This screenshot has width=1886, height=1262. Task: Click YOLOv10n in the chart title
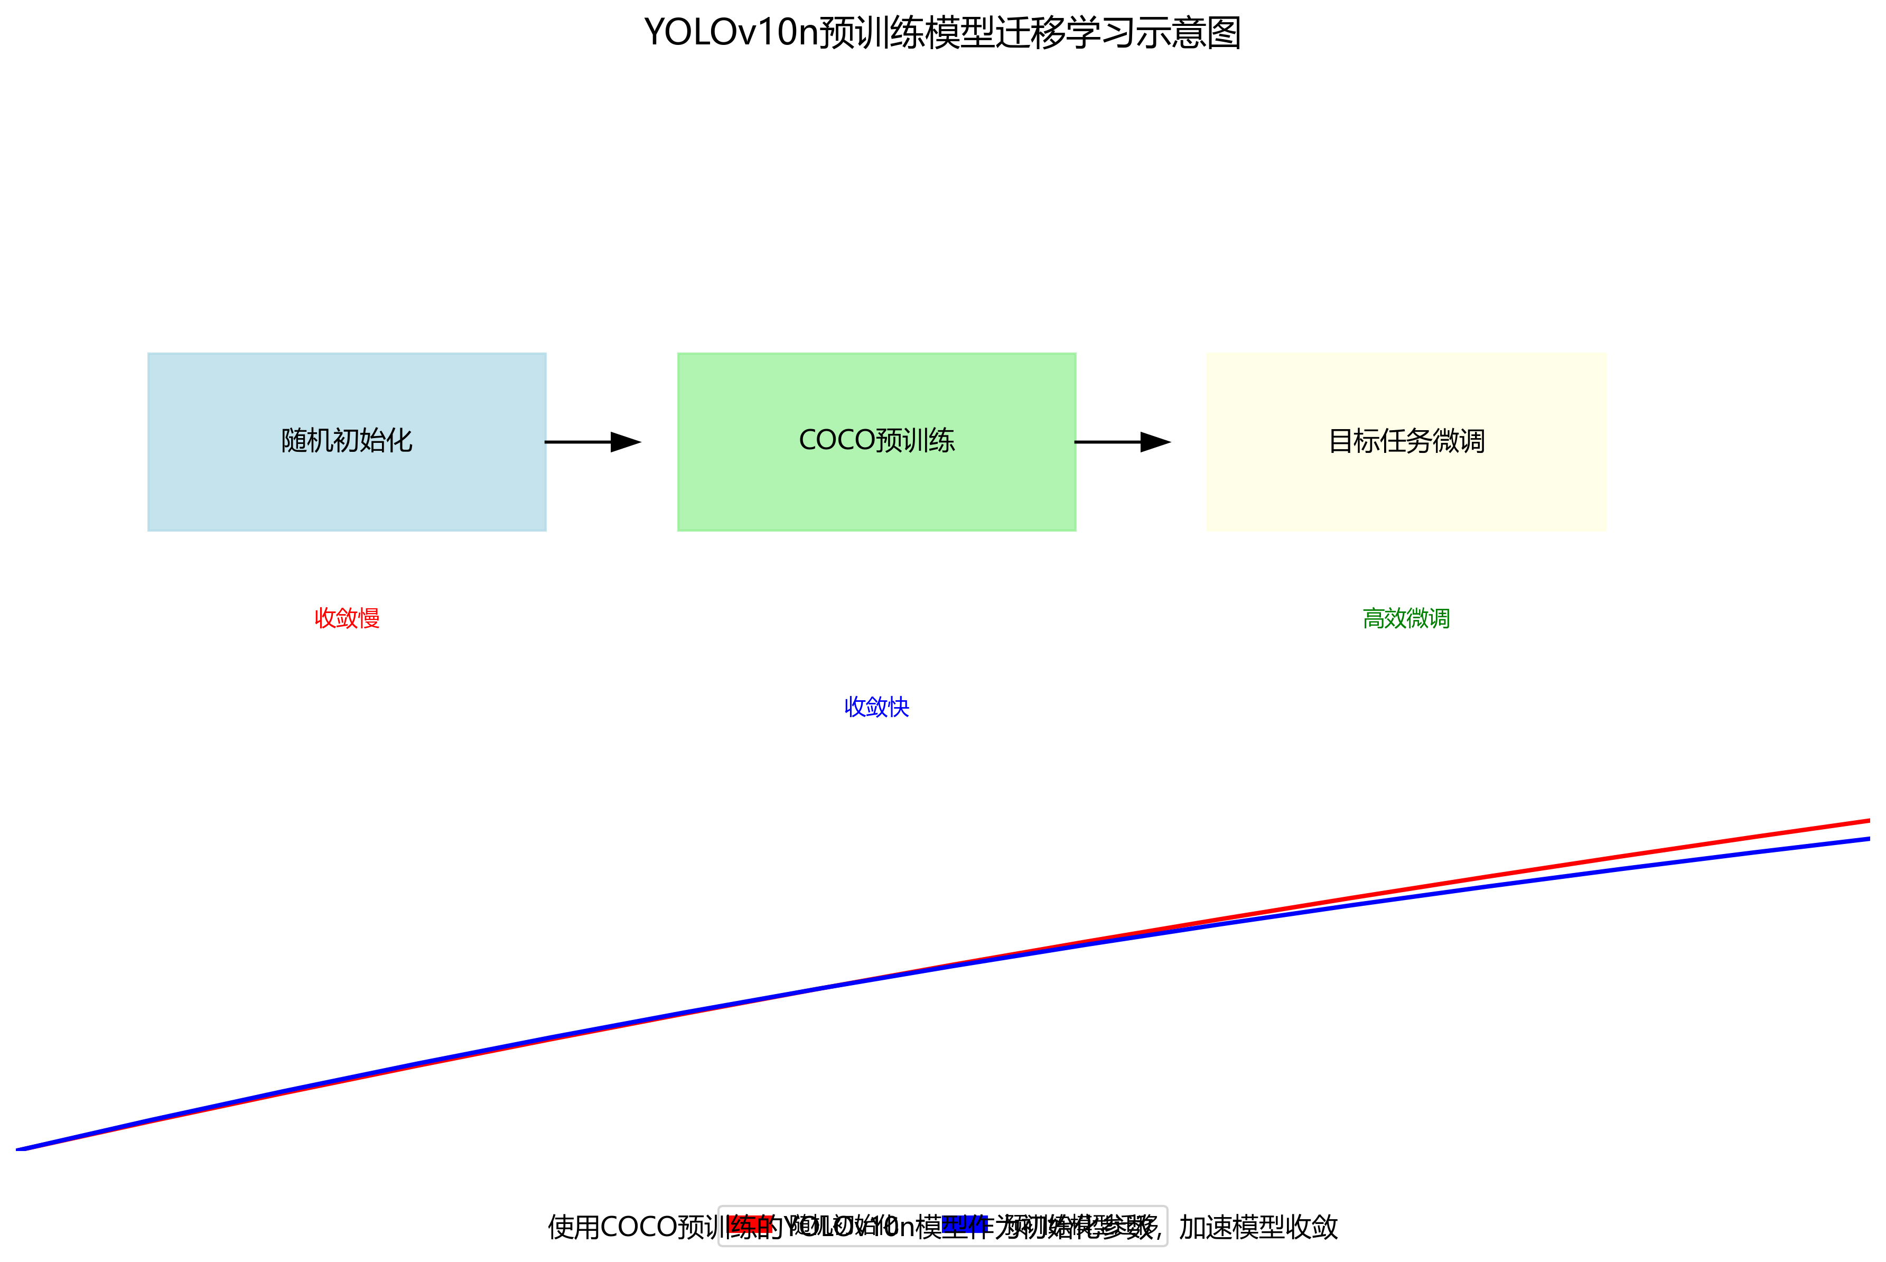click(x=731, y=33)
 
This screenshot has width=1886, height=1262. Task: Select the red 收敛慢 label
click(x=347, y=618)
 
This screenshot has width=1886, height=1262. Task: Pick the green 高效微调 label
click(x=1406, y=618)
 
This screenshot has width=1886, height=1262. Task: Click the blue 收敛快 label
click(x=876, y=707)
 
